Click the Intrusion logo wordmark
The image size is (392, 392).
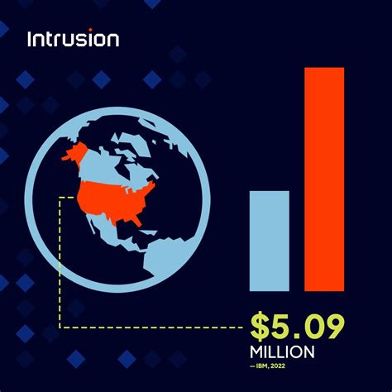(x=73, y=39)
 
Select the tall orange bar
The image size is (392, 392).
(x=323, y=179)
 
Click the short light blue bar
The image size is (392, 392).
(x=270, y=241)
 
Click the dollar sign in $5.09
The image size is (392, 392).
(x=262, y=327)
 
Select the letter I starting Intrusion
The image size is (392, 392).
(x=31, y=39)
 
